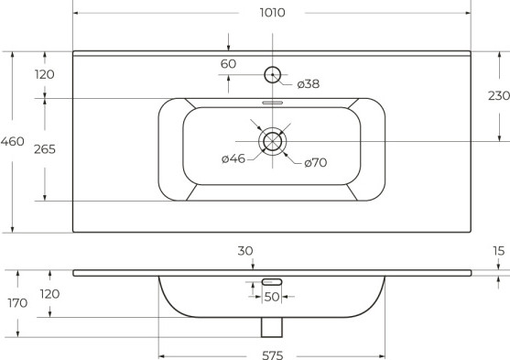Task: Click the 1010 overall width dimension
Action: [273, 13]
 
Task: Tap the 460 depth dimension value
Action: [12, 141]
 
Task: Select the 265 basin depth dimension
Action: [45, 149]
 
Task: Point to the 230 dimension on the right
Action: [499, 95]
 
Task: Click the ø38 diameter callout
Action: [309, 84]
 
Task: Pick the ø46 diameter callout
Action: [233, 158]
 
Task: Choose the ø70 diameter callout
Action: [316, 162]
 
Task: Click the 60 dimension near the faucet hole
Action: [228, 64]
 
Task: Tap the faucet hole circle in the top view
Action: [273, 75]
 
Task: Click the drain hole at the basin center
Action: [273, 141]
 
